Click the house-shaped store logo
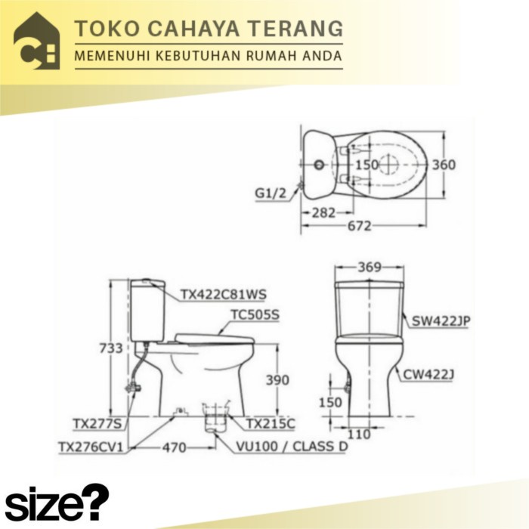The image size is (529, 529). pos(36,41)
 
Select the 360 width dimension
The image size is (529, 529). pos(445,165)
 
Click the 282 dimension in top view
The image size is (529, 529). pos(323,213)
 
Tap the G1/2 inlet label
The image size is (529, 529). pos(270,193)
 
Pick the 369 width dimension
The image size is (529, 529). pos(370,268)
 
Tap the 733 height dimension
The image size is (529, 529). pos(111,348)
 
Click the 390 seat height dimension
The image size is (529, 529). pos(277,380)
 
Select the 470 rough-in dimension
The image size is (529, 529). pos(174,447)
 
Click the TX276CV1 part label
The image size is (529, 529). pos(90,447)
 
